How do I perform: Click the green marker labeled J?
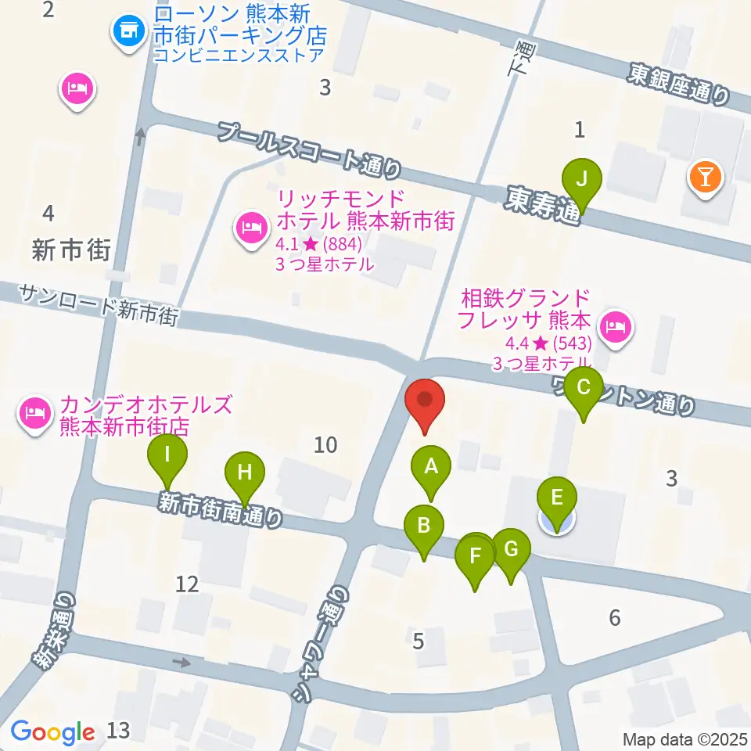pos(580,179)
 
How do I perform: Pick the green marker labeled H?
pos(245,473)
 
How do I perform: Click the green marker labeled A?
pos(430,467)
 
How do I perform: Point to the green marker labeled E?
pos(557,498)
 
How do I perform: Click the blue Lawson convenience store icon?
pos(128,33)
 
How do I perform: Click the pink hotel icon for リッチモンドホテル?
pos(249,230)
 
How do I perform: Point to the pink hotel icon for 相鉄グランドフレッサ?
pos(616,322)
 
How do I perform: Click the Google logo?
pos(52,731)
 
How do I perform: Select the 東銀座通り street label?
pos(678,84)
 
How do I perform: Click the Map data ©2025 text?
pos(685,738)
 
